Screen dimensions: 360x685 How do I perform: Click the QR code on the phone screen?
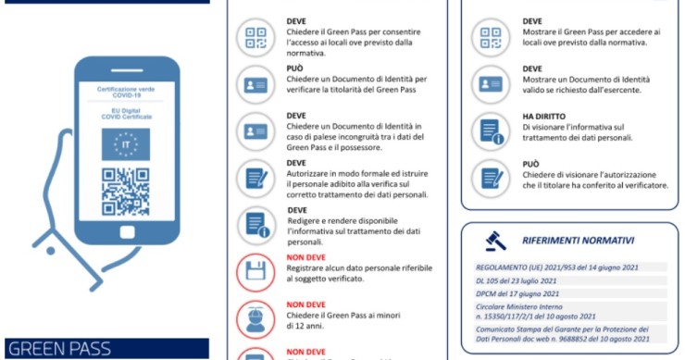[x=125, y=191]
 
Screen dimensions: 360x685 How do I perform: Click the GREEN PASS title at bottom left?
[x=58, y=350]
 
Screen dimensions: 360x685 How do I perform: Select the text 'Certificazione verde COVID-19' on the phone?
[x=126, y=92]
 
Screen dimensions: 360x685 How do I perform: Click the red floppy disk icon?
[x=255, y=271]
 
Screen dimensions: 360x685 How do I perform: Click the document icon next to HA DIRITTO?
[x=488, y=130]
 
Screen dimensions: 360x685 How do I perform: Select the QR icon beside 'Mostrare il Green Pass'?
[x=488, y=36]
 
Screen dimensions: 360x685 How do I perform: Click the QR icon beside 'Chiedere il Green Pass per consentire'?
[x=255, y=36]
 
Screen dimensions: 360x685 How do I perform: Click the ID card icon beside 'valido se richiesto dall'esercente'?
[x=488, y=83]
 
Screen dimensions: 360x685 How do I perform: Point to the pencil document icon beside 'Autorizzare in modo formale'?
[x=255, y=178]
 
